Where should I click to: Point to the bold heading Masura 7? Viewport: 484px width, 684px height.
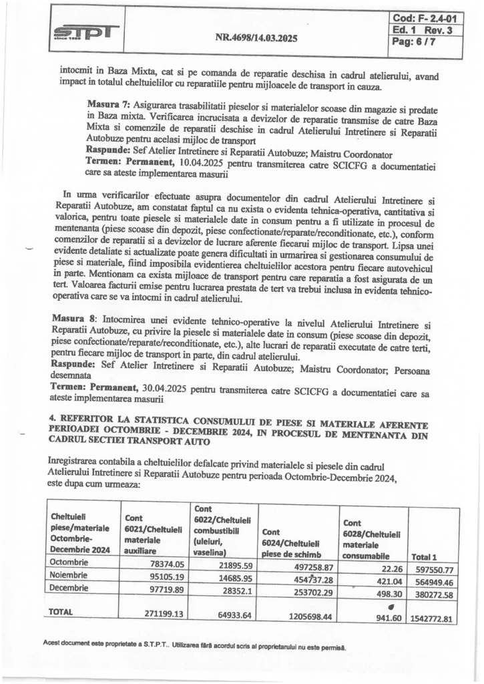(109, 106)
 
